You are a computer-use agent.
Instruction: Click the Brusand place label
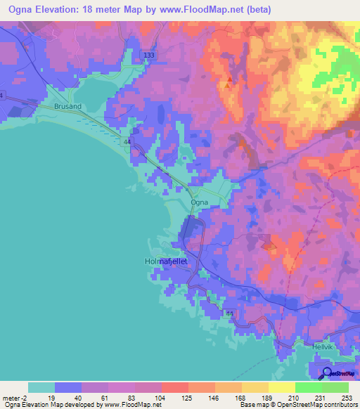click(x=68, y=106)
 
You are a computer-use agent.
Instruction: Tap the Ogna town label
click(x=198, y=202)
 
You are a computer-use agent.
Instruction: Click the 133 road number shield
click(x=148, y=55)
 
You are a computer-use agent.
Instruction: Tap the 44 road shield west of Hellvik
click(x=230, y=313)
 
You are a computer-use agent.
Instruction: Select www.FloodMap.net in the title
click(x=196, y=10)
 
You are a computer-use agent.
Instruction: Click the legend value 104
click(x=162, y=398)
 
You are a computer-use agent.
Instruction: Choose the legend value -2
click(x=22, y=398)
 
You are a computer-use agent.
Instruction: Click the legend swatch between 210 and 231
click(x=308, y=387)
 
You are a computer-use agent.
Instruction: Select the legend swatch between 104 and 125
click(x=174, y=387)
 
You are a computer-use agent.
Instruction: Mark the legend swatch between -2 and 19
click(x=41, y=387)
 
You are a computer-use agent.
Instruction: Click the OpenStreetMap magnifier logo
click(x=327, y=372)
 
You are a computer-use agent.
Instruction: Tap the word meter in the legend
click(x=10, y=398)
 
